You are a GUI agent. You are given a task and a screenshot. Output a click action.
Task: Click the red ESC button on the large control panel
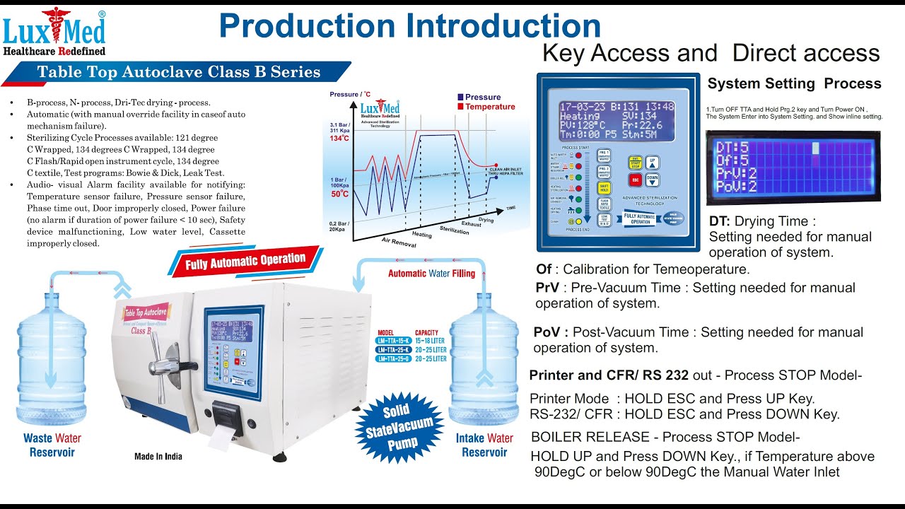coord(634,180)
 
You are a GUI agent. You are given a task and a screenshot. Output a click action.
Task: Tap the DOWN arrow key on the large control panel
coord(653,180)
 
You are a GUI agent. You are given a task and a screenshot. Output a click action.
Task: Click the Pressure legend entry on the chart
coord(478,97)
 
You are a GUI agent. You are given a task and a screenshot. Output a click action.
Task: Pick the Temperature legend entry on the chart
coord(485,107)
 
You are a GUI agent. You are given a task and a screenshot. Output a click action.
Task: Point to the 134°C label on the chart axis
coord(339,138)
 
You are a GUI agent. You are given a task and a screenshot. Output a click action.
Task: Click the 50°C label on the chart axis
coord(339,194)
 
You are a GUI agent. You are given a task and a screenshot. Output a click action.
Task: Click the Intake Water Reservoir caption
coord(484,445)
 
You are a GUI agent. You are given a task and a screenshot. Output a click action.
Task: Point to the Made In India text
coord(158,457)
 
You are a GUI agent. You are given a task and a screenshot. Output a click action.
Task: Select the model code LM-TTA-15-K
coord(395,341)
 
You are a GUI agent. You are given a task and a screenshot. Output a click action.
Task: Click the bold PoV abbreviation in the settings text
coord(547,332)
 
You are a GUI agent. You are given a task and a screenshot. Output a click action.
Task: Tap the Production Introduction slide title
coord(409,26)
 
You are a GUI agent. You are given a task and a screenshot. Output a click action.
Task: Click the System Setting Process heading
coord(794,83)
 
